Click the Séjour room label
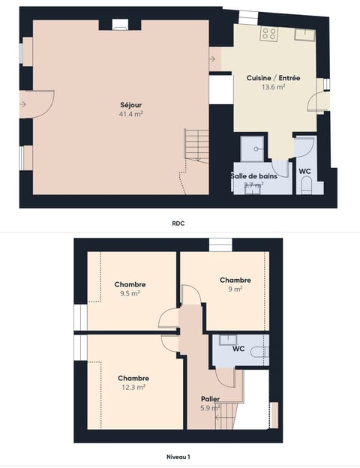pyautogui.click(x=130, y=105)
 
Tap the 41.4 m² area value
pyautogui.click(x=130, y=114)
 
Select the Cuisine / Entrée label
pyautogui.click(x=273, y=78)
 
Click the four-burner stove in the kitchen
pyautogui.click(x=268, y=33)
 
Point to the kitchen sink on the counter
pyautogui.click(x=304, y=34)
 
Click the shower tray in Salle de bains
pyautogui.click(x=253, y=147)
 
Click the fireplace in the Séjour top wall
pyautogui.click(x=120, y=25)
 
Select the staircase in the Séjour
pyautogui.click(x=196, y=145)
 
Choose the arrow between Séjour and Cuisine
pyautogui.click(x=214, y=58)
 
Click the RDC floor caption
pyautogui.click(x=178, y=223)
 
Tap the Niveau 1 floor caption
pyautogui.click(x=178, y=456)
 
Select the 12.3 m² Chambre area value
pyautogui.click(x=133, y=387)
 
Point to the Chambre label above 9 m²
pyautogui.click(x=235, y=280)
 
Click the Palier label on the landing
pyautogui.click(x=210, y=399)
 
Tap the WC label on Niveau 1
pyautogui.click(x=238, y=349)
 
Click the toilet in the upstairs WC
pyautogui.click(x=257, y=351)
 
